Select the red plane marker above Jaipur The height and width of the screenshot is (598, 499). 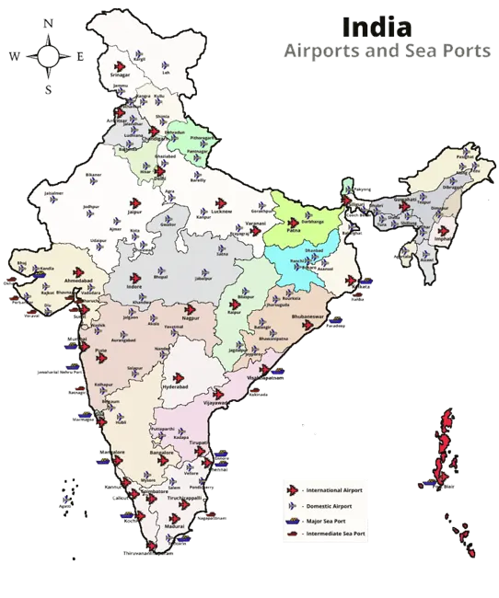click(134, 201)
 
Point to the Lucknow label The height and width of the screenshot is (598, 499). click(220, 213)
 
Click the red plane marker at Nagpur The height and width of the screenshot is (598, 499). click(190, 306)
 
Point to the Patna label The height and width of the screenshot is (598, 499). click(295, 232)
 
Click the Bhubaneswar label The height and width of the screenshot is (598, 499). click(308, 316)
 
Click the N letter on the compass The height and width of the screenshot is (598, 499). click(48, 20)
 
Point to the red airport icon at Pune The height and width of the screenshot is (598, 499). click(103, 339)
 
